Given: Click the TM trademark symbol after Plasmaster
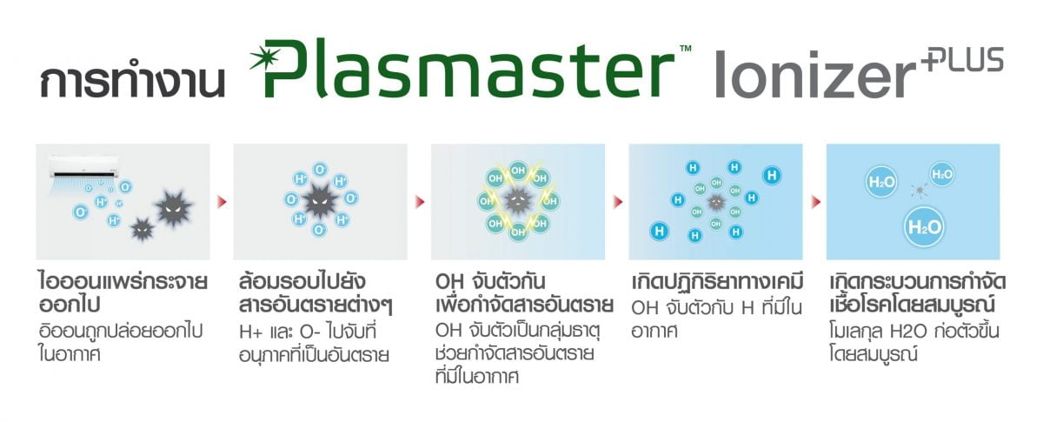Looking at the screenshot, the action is pyautogui.click(x=686, y=48).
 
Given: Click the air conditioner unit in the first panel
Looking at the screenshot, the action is pyautogui.click(x=83, y=167).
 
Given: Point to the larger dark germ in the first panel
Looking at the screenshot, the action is pyautogui.click(x=173, y=207).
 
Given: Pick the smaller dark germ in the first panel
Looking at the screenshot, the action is pyautogui.click(x=142, y=229).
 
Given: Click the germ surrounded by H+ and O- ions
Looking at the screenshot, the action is pyautogui.click(x=321, y=201).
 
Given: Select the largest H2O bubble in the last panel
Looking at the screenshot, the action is pyautogui.click(x=924, y=227).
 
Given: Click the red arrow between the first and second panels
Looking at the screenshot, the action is pyautogui.click(x=223, y=202).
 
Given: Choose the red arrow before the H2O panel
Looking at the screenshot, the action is pyautogui.click(x=816, y=202).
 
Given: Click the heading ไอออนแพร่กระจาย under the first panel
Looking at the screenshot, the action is pyautogui.click(x=123, y=282).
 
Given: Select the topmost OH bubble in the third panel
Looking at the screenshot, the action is pyautogui.click(x=518, y=171).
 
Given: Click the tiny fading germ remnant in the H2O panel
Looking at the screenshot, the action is pyautogui.click(x=919, y=191).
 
